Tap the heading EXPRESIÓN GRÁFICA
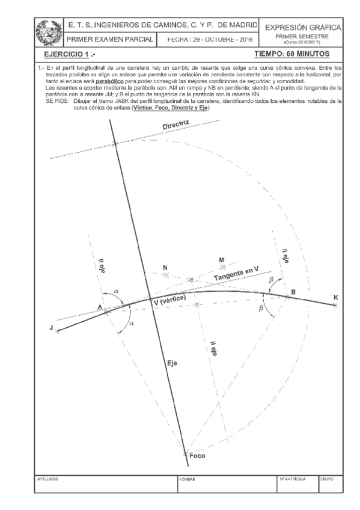pos(305,28)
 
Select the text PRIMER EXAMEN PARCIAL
pos(110,39)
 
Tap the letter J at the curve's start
pos(52,327)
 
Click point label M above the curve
pos(221,259)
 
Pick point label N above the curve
pos(165,266)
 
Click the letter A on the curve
pos(99,306)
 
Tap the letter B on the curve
pos(293,292)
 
